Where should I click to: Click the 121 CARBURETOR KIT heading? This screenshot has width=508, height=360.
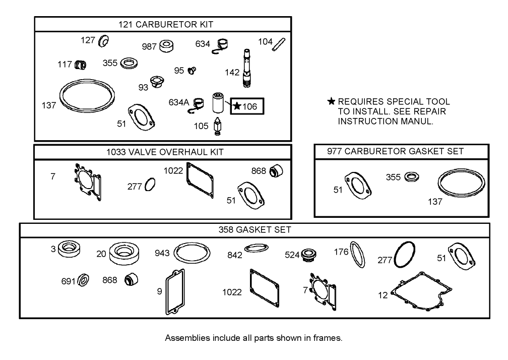162,24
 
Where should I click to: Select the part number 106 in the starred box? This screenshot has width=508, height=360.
249,106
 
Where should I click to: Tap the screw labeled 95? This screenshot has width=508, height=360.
192,71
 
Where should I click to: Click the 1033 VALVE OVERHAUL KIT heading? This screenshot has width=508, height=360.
162,152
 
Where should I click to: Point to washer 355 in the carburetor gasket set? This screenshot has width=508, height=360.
412,177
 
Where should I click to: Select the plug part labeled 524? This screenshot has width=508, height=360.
307,255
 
